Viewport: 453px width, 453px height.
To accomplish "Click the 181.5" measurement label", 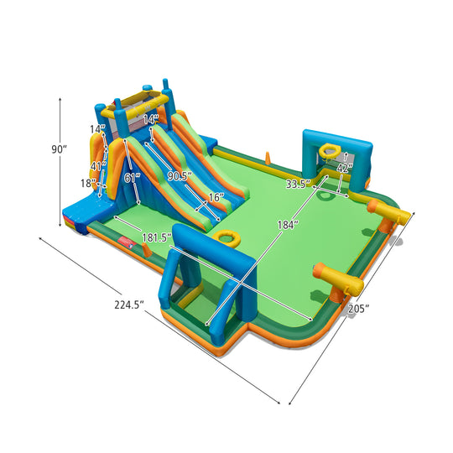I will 154,238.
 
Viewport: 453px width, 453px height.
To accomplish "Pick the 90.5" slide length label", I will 179,176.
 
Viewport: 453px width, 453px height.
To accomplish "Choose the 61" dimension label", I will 132,177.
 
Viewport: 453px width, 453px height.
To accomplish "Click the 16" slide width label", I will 216,198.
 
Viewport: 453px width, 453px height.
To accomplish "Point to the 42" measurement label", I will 343,168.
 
